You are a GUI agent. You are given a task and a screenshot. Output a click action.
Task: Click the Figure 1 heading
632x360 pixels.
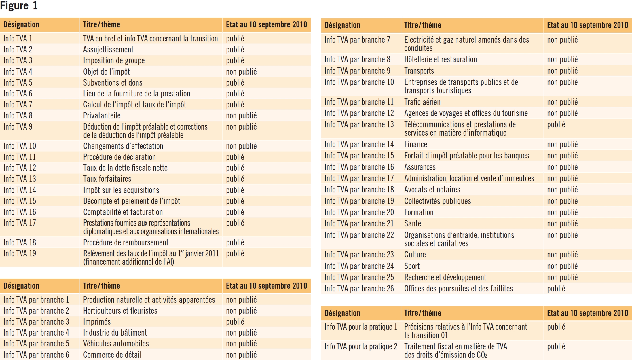click(x=19, y=6)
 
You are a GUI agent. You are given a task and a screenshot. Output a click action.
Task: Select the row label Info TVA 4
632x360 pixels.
click(x=18, y=71)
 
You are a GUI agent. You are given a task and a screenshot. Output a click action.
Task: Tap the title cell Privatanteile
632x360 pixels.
click(x=102, y=115)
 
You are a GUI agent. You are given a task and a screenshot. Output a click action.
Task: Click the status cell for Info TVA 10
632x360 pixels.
click(x=241, y=146)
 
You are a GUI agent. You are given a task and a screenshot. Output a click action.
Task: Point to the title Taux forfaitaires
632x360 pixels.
click(x=107, y=179)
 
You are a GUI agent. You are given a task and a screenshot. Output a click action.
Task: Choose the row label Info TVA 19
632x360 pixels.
click(x=20, y=253)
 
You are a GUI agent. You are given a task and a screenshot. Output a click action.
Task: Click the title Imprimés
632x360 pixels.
click(x=97, y=322)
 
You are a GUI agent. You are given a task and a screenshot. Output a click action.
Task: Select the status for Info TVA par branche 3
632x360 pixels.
click(x=235, y=322)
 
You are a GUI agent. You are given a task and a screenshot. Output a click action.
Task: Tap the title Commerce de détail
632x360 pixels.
click(x=112, y=355)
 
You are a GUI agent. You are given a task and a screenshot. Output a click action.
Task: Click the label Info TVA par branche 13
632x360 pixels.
click(x=359, y=124)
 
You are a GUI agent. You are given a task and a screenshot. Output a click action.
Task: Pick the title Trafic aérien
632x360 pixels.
click(x=422, y=102)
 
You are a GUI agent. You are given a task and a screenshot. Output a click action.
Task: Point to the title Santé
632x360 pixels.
click(x=413, y=223)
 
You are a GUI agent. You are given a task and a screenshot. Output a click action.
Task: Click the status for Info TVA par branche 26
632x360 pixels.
click(x=556, y=289)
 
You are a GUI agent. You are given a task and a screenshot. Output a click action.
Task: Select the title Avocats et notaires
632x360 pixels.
click(x=432, y=190)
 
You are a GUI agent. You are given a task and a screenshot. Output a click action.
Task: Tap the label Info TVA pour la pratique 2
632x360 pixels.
click(x=360, y=346)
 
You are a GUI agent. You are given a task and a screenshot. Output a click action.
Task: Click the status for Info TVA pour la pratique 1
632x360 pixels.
click(x=556, y=327)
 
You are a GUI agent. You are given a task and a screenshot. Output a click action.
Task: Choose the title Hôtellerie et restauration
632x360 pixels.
click(x=440, y=59)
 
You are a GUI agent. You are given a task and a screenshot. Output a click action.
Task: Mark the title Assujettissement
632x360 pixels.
click(x=108, y=50)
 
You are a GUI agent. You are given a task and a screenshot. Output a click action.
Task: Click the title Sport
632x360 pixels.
click(x=412, y=266)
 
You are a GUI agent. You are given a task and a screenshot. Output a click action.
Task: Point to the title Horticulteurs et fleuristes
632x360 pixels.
click(x=120, y=311)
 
